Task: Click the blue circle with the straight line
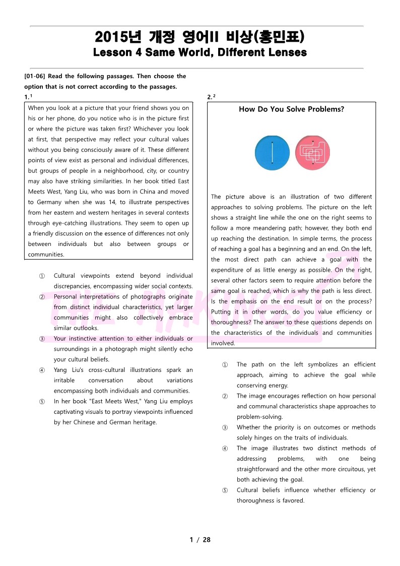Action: (x=272, y=153)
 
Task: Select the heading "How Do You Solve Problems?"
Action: (x=291, y=109)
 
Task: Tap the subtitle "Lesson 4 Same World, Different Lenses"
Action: (x=200, y=52)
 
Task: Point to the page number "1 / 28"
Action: (x=200, y=540)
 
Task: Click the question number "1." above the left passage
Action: (x=28, y=97)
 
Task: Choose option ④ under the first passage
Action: (x=42, y=370)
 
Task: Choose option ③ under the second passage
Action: (x=225, y=427)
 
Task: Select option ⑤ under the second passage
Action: (x=225, y=490)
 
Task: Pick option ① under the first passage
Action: (x=42, y=276)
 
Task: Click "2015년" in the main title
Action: (x=118, y=37)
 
